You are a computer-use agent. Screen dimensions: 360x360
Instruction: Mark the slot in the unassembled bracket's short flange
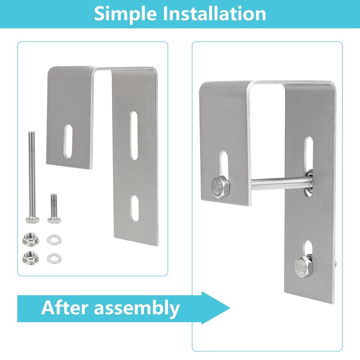click(x=68, y=141)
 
